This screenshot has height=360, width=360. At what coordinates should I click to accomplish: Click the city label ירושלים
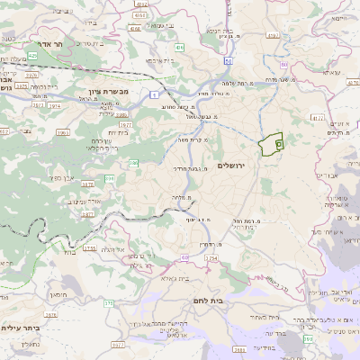(x=232, y=166)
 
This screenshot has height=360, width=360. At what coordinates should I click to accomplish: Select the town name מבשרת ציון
(x=111, y=91)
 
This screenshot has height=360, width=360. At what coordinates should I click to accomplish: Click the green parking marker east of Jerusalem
(x=278, y=142)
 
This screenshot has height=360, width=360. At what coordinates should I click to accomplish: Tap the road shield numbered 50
(x=229, y=61)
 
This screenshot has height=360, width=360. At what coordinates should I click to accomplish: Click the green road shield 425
(x=32, y=56)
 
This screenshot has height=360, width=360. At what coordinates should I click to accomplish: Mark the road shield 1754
(x=211, y=258)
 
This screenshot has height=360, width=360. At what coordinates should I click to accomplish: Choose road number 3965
(x=63, y=132)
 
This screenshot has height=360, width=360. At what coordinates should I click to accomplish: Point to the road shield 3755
(x=89, y=247)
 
